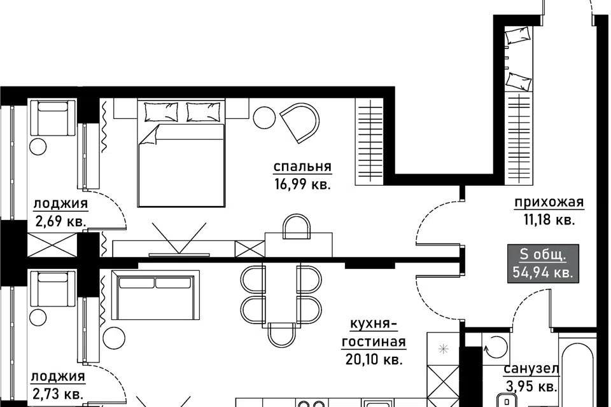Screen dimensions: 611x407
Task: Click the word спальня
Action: tap(302, 167)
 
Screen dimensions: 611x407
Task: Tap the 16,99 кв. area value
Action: tap(302, 184)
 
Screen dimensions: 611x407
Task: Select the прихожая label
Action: tap(549, 202)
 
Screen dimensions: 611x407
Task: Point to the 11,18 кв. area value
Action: tap(549, 220)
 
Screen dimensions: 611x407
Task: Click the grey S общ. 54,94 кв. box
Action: tap(543, 263)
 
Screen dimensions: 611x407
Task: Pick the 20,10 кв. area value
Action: tap(374, 359)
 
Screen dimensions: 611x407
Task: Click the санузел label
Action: tap(531, 369)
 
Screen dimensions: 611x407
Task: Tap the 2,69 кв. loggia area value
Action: tap(60, 221)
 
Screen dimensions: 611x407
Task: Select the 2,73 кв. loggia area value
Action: tap(58, 394)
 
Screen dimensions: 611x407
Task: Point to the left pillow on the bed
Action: tap(161, 112)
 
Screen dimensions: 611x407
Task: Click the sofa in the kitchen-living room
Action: tap(155, 295)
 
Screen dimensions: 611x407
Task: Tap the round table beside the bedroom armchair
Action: tap(264, 118)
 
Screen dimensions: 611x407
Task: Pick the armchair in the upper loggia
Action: tap(53, 118)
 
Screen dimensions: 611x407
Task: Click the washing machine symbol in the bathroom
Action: tap(496, 345)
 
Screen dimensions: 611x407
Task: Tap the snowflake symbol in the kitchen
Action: tap(443, 349)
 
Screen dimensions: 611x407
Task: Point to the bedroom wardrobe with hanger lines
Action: tap(369, 141)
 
